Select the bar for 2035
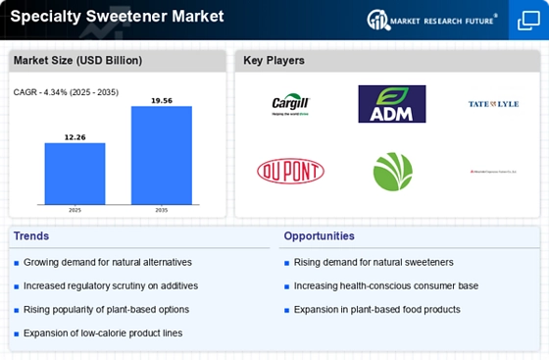point(162,155)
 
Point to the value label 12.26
point(75,136)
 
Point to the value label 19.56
point(162,100)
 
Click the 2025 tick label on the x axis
point(75,210)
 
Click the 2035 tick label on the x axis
point(162,210)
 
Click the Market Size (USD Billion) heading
point(76,61)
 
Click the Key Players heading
point(274,61)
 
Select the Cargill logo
point(290,104)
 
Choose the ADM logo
point(392,104)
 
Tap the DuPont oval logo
point(290,172)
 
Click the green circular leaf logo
point(392,172)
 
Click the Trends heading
point(31,236)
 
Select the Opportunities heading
point(319,236)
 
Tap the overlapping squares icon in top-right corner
point(528,20)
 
